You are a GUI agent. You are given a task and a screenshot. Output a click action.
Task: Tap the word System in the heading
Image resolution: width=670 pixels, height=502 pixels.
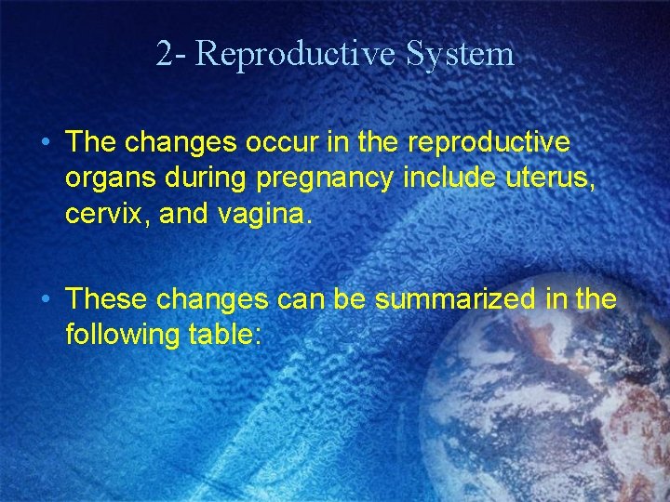tap(460, 54)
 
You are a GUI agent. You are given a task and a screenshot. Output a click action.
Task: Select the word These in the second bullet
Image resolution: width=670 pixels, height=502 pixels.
tap(106, 299)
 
